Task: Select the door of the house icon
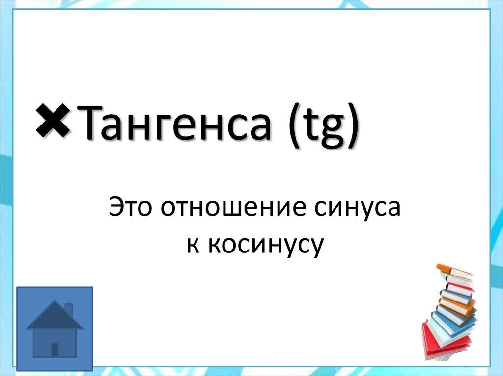click(55, 350)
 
